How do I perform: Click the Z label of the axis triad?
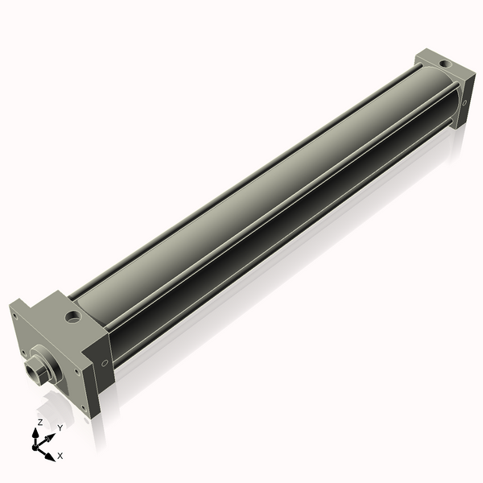[39, 423]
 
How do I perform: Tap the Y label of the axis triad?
[60, 428]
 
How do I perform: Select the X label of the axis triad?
[60, 456]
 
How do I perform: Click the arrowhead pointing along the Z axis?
[35, 433]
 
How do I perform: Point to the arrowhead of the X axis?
[50, 456]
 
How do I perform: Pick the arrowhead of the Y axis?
[51, 437]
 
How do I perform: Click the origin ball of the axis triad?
[35, 447]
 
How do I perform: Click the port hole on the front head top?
[72, 316]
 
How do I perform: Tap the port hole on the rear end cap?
[444, 64]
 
